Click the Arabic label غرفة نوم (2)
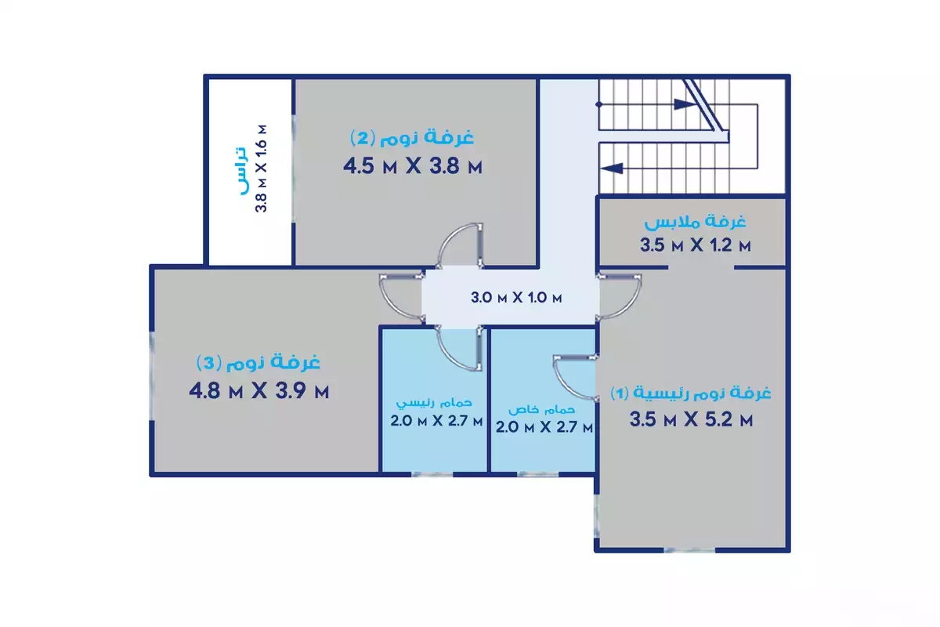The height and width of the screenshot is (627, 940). pyautogui.click(x=412, y=138)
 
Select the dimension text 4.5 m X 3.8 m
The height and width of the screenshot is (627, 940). pyautogui.click(x=412, y=166)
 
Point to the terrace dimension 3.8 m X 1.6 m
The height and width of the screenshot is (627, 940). pyautogui.click(x=263, y=168)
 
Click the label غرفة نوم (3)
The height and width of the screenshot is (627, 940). pyautogui.click(x=258, y=363)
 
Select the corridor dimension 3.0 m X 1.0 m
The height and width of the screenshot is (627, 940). pyautogui.click(x=517, y=298)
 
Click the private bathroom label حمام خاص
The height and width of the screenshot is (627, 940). pyautogui.click(x=542, y=409)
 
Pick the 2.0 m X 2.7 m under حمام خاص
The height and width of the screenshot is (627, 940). pyautogui.click(x=544, y=427)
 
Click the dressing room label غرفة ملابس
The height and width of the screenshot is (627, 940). pyautogui.click(x=695, y=222)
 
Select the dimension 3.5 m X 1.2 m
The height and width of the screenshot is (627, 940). pyautogui.click(x=695, y=245)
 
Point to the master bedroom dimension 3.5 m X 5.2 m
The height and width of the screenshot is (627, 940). pyautogui.click(x=692, y=420)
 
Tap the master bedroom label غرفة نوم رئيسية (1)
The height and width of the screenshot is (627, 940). pyautogui.click(x=692, y=393)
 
